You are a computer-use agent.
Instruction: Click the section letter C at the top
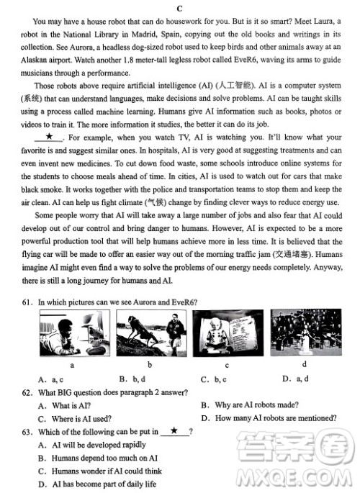pyautogui.click(x=179, y=7)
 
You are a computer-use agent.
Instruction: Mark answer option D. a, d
pyautogui.click(x=296, y=379)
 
